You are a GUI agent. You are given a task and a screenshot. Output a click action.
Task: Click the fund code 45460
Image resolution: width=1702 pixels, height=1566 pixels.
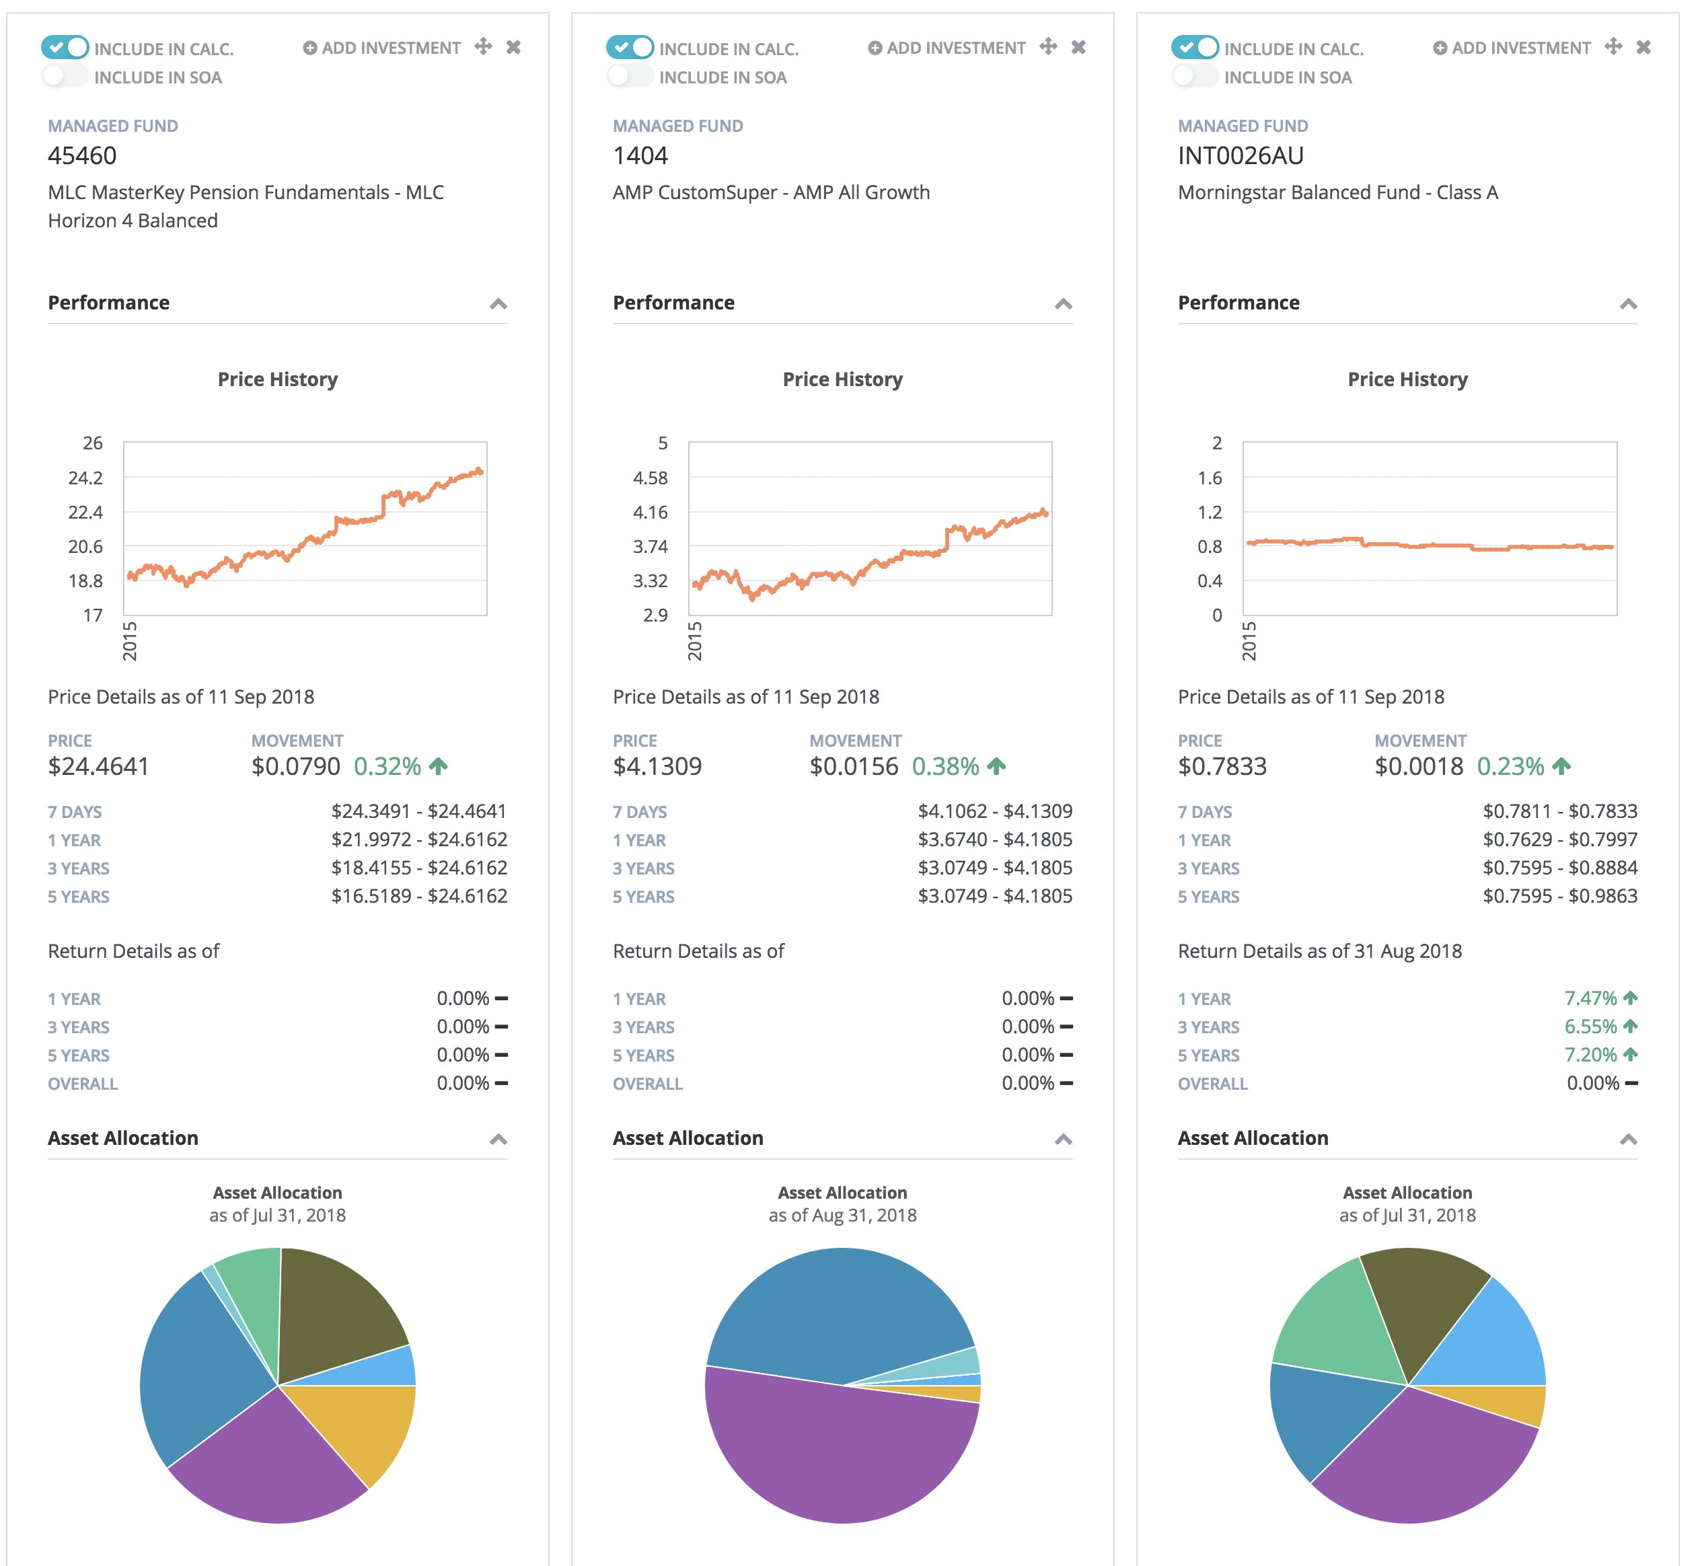(82, 156)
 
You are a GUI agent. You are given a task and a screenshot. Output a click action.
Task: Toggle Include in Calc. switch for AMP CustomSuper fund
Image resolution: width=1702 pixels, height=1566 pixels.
(630, 48)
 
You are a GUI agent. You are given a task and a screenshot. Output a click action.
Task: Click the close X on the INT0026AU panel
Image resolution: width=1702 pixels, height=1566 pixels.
(1643, 48)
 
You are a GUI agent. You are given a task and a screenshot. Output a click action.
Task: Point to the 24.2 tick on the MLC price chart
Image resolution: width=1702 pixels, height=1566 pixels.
(85, 478)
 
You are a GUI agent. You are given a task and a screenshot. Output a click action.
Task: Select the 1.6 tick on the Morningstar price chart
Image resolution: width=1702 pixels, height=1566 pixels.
(1210, 478)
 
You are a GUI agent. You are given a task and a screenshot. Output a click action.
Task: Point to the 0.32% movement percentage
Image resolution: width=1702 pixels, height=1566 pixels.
(387, 766)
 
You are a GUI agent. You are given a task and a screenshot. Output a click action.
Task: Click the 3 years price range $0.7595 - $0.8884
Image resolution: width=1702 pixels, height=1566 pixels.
(1559, 868)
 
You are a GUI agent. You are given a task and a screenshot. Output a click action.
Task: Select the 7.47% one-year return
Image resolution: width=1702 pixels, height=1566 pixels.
(1590, 998)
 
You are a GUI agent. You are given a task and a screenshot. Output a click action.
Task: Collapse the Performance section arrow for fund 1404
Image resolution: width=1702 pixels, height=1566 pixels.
(1063, 304)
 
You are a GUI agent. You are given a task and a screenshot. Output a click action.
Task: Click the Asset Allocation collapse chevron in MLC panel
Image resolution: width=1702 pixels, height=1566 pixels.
(498, 1140)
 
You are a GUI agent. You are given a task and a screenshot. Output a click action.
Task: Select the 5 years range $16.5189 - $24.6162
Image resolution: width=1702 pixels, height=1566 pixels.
(418, 897)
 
